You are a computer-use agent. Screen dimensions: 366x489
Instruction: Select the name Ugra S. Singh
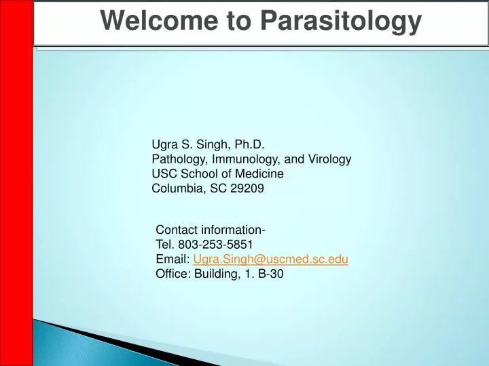pyautogui.click(x=191, y=144)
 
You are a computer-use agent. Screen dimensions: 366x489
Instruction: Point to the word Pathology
pyautogui.click(x=177, y=159)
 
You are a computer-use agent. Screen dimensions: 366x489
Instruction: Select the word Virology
pyautogui.click(x=329, y=159)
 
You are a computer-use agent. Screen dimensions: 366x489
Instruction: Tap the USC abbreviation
pyautogui.click(x=164, y=174)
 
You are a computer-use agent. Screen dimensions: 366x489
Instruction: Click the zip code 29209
pyautogui.click(x=247, y=189)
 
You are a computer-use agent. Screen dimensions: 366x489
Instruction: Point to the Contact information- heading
pyautogui.click(x=211, y=230)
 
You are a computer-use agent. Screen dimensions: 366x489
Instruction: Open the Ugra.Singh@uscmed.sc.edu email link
pyautogui.click(x=270, y=260)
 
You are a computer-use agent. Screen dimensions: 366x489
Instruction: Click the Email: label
pyautogui.click(x=173, y=260)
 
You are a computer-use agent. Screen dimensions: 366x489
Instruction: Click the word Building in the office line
pyautogui.click(x=214, y=274)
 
